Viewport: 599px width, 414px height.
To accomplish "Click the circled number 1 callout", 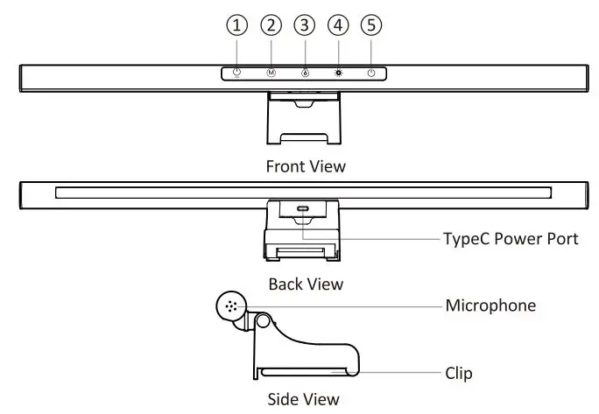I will [x=236, y=26].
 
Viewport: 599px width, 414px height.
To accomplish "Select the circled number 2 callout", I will [x=271, y=26].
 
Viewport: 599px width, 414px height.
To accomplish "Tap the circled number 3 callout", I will [x=304, y=26].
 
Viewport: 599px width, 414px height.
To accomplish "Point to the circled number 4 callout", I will [x=338, y=26].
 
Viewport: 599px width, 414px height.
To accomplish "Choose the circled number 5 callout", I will [x=371, y=26].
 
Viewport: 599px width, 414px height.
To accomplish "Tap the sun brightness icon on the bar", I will [x=338, y=74].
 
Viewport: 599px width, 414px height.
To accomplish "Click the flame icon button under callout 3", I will [x=304, y=74].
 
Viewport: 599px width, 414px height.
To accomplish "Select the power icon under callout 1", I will [x=236, y=74].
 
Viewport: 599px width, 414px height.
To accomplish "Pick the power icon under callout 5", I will [x=371, y=74].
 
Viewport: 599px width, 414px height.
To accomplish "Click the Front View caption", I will [x=305, y=165].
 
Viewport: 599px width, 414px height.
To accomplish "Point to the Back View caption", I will [x=306, y=284].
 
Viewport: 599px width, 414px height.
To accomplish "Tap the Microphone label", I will [x=490, y=305].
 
